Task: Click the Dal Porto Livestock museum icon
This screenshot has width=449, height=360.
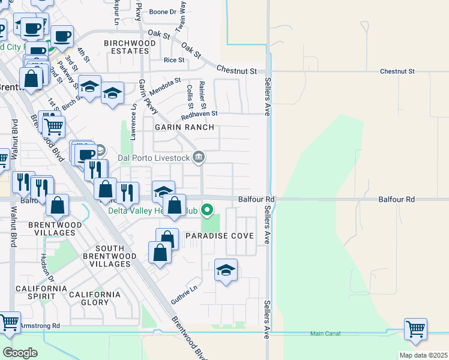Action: point(199,158)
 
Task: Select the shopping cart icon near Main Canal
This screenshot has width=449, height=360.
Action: point(415,329)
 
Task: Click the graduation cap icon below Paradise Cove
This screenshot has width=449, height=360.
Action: point(226,271)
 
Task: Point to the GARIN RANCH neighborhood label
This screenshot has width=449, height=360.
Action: point(176,128)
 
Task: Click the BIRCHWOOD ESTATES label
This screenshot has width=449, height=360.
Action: point(126,47)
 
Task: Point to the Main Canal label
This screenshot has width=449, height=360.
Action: point(325,334)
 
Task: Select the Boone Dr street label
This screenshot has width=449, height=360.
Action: point(163,11)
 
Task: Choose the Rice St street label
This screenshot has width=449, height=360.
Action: point(174,60)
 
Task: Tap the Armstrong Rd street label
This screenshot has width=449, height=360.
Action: point(40,326)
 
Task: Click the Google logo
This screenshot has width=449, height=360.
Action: point(20,353)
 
